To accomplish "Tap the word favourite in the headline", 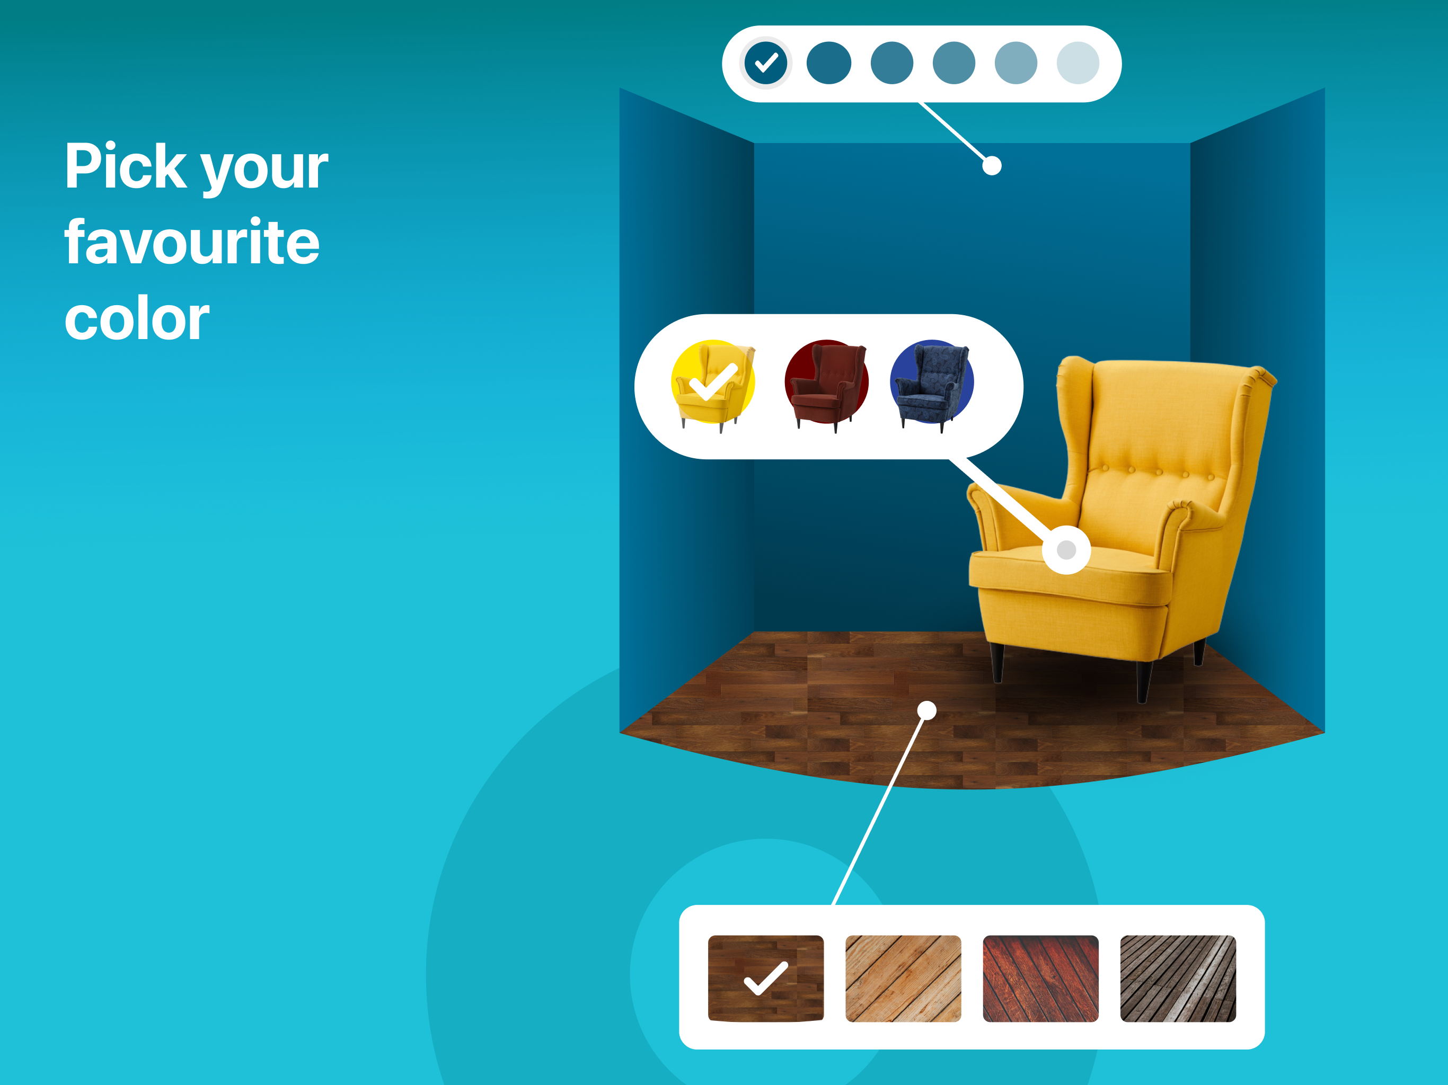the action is [x=192, y=242].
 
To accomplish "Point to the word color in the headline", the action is [x=137, y=319].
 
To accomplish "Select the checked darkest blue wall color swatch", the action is [x=765, y=64].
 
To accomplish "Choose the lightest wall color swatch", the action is [x=1078, y=64].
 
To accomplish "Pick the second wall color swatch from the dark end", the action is [x=829, y=64].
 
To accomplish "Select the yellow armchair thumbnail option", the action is [x=713, y=386].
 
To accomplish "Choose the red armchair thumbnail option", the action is [x=827, y=386].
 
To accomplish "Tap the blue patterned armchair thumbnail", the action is [x=932, y=386].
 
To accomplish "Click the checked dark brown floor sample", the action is [x=766, y=979].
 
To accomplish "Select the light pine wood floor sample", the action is [x=903, y=979].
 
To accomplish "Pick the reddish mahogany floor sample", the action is [x=1041, y=979].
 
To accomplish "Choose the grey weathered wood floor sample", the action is [x=1178, y=979].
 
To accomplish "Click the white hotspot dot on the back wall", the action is [x=992, y=166].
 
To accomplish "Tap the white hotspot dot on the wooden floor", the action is [x=927, y=710].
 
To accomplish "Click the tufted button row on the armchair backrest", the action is [x=1158, y=473].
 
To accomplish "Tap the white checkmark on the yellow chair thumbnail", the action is [x=713, y=381].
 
